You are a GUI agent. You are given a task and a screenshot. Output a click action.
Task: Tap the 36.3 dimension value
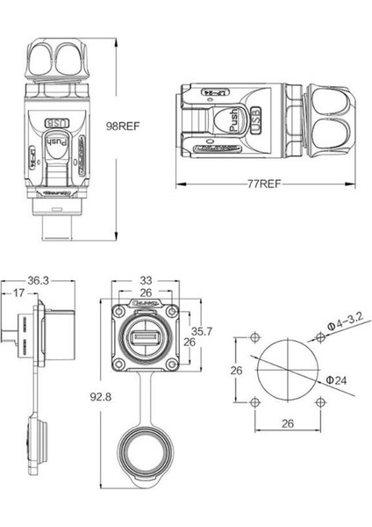(38, 281)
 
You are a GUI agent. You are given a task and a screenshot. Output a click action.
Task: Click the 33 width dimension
(147, 281)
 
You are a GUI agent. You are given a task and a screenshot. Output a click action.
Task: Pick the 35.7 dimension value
(202, 331)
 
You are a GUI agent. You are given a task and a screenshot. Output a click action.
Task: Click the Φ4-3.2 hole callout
(343, 328)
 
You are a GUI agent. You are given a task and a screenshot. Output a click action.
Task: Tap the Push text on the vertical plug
(56, 141)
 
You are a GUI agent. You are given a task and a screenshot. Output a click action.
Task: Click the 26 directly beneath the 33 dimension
(147, 292)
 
